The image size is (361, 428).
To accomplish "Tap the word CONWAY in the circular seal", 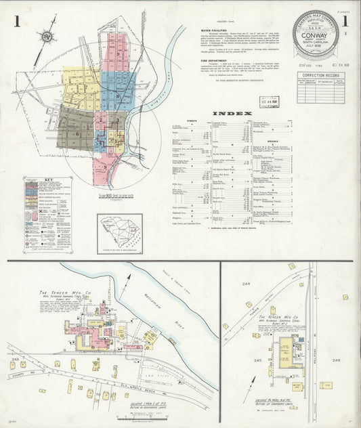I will click(x=316, y=47).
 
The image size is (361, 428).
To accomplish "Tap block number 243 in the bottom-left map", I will click(x=14, y=358).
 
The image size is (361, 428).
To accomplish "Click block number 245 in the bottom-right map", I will click(x=258, y=361).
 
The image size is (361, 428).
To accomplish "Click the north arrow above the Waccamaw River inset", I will click(x=126, y=286).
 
